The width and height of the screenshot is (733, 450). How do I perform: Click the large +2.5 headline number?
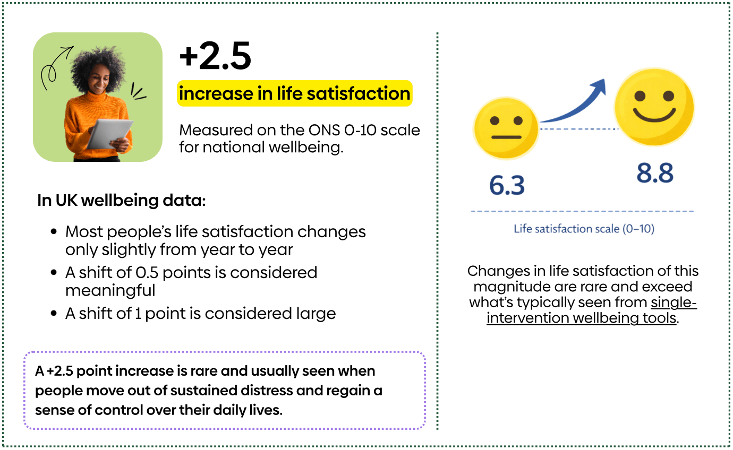215,57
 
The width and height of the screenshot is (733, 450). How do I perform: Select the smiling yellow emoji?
654,107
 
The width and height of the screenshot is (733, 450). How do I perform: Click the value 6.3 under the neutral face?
507,185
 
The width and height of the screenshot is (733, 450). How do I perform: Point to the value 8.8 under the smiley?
655,174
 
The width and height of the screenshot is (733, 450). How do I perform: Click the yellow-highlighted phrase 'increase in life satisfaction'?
294,94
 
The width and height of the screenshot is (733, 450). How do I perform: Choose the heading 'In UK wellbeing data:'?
121,201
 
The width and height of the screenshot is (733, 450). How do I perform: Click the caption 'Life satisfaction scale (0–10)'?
584,229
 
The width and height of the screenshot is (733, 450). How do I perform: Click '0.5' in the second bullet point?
147,273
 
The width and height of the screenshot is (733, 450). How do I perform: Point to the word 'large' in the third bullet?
316,314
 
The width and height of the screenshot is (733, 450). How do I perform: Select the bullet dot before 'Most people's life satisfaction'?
54,232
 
